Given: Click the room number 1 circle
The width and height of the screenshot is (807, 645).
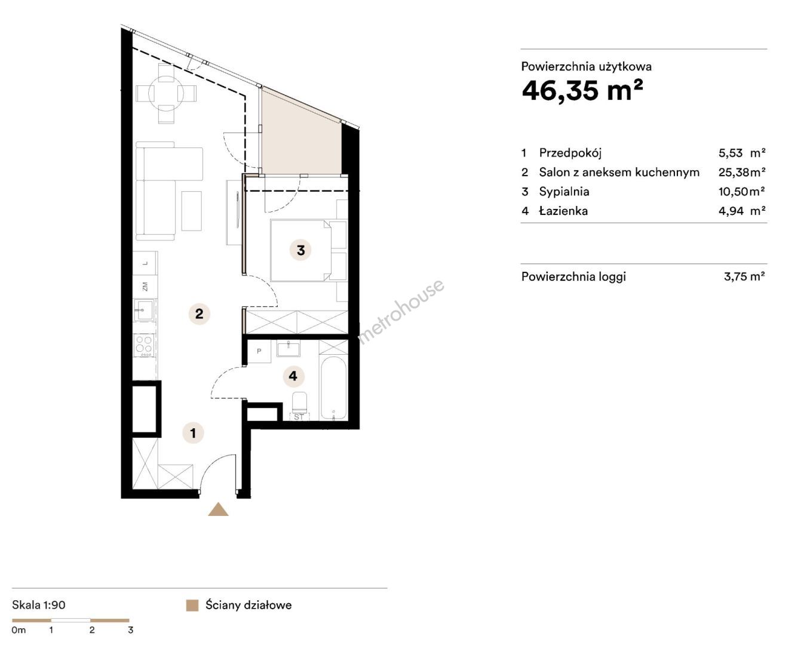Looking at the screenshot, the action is click(x=193, y=433).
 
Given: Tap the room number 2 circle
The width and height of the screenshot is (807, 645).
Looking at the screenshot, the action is click(x=199, y=314).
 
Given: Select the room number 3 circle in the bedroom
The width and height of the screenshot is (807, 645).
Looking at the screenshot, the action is click(x=300, y=250).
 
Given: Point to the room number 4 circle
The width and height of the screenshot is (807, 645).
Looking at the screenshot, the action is click(x=293, y=376).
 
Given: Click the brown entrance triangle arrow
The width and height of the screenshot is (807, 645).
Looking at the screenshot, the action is click(x=218, y=510).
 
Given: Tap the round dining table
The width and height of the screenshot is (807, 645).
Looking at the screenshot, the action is click(x=166, y=94).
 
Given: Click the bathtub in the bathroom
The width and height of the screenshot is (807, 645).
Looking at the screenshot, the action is click(x=333, y=388).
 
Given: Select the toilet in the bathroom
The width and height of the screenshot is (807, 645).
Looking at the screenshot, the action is click(x=299, y=402).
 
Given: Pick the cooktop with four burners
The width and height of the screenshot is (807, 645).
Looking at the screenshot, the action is click(x=144, y=345).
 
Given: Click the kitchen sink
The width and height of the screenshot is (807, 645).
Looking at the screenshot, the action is click(x=143, y=310).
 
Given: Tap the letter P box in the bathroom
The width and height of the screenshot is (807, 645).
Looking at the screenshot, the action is click(x=259, y=351).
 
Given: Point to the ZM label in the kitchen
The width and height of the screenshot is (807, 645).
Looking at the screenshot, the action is click(x=145, y=287).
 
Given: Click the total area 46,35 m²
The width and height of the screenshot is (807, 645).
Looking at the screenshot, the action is click(x=582, y=90).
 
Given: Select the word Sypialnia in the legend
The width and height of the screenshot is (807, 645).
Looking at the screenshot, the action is click(x=564, y=192).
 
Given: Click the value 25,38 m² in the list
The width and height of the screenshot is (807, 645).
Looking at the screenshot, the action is click(x=741, y=172).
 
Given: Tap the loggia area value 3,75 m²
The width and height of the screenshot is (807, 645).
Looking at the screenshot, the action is click(x=744, y=277).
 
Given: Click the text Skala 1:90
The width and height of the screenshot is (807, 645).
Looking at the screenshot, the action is click(x=39, y=605).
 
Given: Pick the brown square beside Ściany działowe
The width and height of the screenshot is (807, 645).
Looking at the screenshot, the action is click(x=192, y=606).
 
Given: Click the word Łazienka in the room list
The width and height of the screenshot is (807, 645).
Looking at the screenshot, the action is click(x=563, y=211).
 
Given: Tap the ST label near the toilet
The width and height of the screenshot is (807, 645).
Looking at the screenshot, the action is click(x=299, y=417).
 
